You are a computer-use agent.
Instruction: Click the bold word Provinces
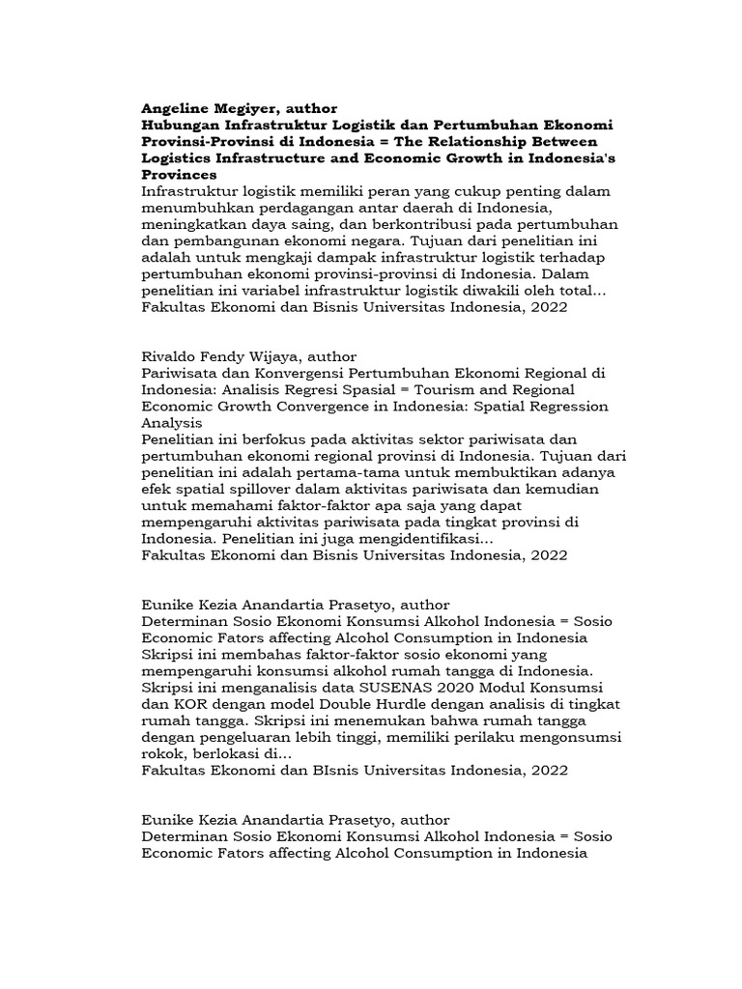[x=179, y=175]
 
